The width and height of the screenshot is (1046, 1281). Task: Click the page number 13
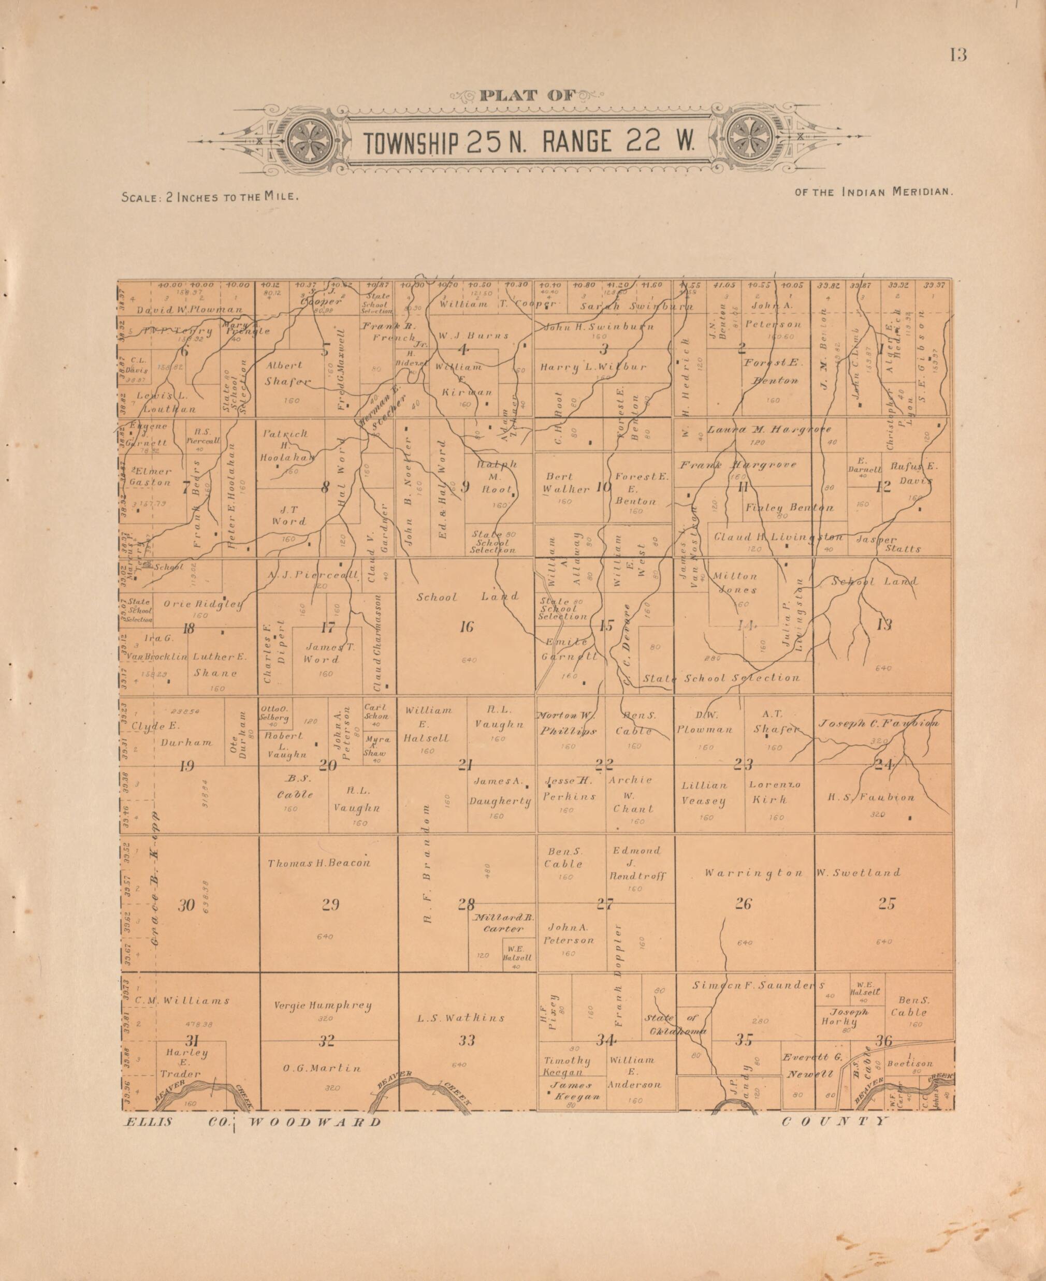click(x=958, y=55)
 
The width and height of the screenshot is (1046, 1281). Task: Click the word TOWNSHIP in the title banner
click(x=412, y=142)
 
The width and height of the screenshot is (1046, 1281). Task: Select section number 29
click(x=331, y=905)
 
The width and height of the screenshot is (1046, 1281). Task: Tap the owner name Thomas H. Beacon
click(x=319, y=863)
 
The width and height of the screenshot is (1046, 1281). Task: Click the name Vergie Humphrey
click(x=323, y=1005)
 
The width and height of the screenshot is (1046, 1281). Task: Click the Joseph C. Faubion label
click(x=877, y=723)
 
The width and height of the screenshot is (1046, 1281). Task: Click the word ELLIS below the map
click(x=148, y=1122)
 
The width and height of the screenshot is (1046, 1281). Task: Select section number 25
click(x=887, y=904)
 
